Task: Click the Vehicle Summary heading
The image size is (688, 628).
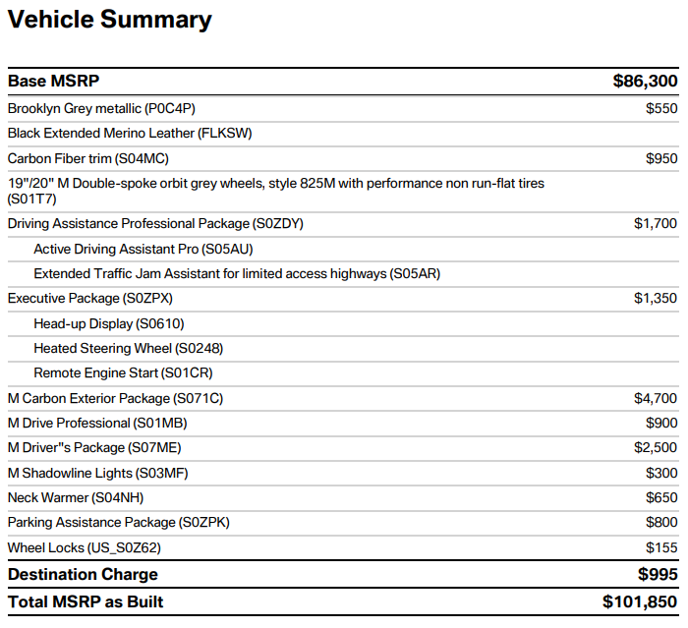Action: [110, 21]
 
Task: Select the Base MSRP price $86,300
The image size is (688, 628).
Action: [645, 82]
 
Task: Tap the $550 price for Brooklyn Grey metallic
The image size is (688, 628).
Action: [661, 108]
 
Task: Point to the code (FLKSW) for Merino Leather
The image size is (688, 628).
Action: [225, 134]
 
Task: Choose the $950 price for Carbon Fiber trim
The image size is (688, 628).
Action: [661, 158]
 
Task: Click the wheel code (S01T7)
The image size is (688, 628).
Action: [32, 200]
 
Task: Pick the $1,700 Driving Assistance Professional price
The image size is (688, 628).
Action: [656, 223]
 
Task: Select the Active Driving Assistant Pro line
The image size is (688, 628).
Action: [143, 249]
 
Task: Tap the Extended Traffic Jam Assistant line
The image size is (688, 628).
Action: [237, 274]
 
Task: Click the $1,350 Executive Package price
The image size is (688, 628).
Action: [656, 299]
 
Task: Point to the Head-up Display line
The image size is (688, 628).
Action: [109, 324]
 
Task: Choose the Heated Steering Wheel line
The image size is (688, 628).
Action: [129, 349]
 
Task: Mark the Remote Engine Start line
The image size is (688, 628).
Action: [123, 373]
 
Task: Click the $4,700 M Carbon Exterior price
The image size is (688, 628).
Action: [656, 398]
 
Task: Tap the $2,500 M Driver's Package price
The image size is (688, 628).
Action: [656, 447]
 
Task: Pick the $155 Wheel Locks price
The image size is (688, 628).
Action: [661, 547]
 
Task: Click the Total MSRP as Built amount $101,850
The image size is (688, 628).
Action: [640, 602]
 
